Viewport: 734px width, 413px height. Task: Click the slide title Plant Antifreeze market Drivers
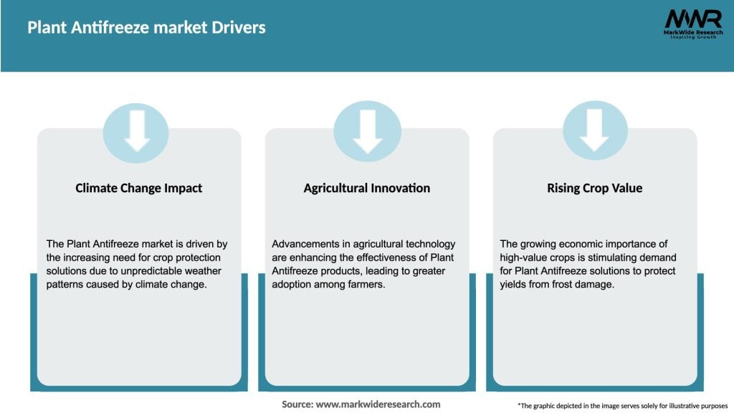tap(146, 28)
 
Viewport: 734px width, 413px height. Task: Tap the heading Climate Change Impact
tap(139, 189)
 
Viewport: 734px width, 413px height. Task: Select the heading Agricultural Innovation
tap(366, 189)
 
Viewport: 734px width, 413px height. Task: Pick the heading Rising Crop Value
tap(594, 189)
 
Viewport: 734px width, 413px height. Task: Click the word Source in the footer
tap(297, 404)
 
